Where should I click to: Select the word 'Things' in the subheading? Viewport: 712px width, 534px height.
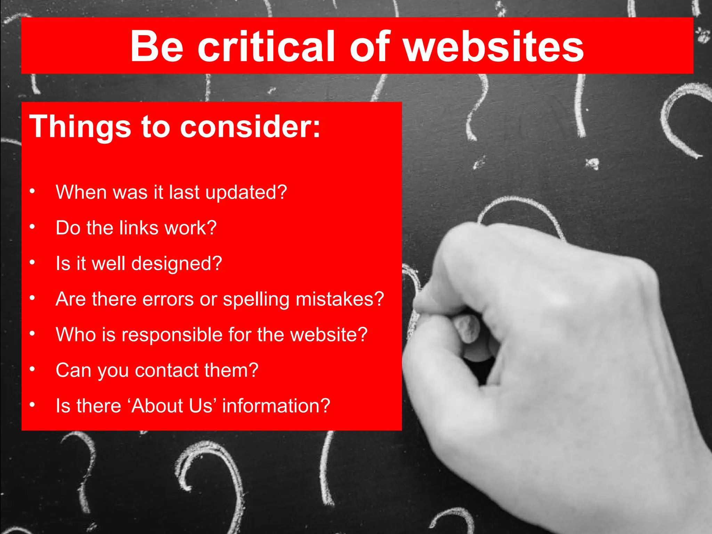80,127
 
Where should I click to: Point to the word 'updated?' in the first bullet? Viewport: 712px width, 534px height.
246,192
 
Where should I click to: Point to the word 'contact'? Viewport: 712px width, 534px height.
167,370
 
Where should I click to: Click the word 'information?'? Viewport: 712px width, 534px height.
276,405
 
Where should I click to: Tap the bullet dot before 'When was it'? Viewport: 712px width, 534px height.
32,191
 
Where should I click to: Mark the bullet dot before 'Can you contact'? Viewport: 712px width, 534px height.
32,369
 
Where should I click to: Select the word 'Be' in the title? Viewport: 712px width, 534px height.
156,46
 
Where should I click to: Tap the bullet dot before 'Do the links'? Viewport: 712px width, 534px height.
32,227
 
